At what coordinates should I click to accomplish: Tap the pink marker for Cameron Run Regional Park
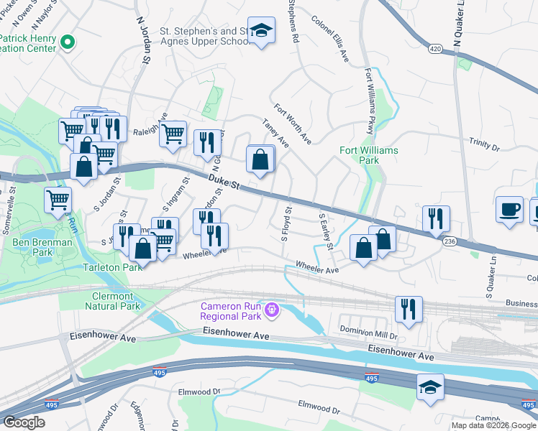pyautogui.click(x=270, y=310)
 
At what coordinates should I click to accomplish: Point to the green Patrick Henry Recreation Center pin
pyautogui.click(x=68, y=43)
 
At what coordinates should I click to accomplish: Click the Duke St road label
pyautogui.click(x=224, y=183)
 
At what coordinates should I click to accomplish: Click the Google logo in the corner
pyautogui.click(x=24, y=422)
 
